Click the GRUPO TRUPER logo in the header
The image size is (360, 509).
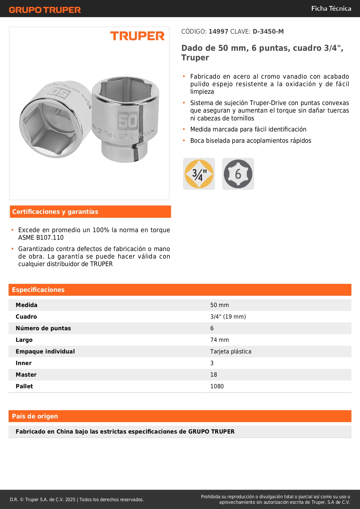click(45, 10)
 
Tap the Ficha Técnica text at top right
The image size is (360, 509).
click(331, 8)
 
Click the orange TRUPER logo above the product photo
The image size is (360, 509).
click(137, 36)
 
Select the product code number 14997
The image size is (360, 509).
click(218, 31)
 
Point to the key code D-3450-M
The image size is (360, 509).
click(268, 31)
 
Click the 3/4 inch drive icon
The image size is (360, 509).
click(199, 174)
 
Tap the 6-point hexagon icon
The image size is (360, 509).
click(238, 174)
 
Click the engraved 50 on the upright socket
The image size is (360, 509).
click(127, 121)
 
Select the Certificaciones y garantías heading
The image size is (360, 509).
click(55, 212)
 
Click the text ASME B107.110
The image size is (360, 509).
click(41, 237)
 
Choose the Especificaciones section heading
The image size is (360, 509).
click(38, 290)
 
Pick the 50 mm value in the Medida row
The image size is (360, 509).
click(220, 305)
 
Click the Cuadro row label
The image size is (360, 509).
click(26, 317)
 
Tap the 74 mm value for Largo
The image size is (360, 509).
click(220, 340)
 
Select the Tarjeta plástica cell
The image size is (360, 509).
click(231, 351)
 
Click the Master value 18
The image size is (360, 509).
click(214, 375)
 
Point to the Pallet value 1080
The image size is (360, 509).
click(217, 386)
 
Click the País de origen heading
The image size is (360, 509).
click(35, 416)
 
